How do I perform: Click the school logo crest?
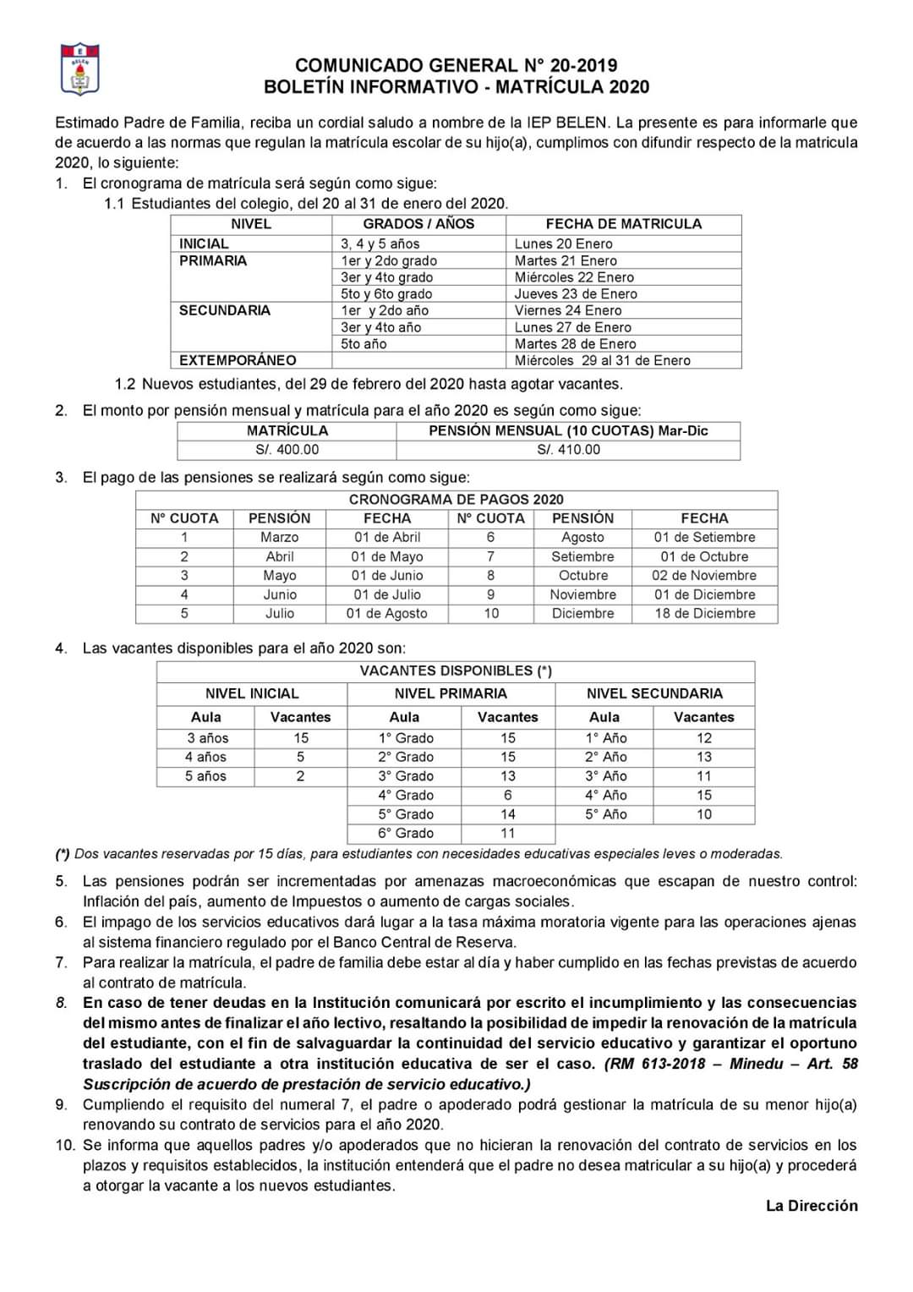point(80,69)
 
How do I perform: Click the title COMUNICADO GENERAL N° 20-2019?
point(456,65)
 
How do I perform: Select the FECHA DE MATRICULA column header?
point(623,224)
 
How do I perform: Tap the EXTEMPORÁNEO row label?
point(238,360)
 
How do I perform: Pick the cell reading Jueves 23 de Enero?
point(576,293)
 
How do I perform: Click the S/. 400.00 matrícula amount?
point(287,450)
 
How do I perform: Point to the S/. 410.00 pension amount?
point(568,450)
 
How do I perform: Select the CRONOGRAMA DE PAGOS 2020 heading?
point(456,500)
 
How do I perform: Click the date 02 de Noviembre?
point(704,575)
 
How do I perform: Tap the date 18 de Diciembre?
point(704,613)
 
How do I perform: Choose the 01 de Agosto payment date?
point(386,613)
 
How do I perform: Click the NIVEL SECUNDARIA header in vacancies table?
point(654,693)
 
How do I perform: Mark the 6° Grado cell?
point(406,833)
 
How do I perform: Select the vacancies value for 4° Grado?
point(507,795)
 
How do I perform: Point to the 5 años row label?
point(205,775)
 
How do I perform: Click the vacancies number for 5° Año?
point(703,814)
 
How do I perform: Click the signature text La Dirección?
point(812,1206)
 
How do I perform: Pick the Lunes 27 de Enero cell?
point(572,327)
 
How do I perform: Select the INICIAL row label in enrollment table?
point(204,244)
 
